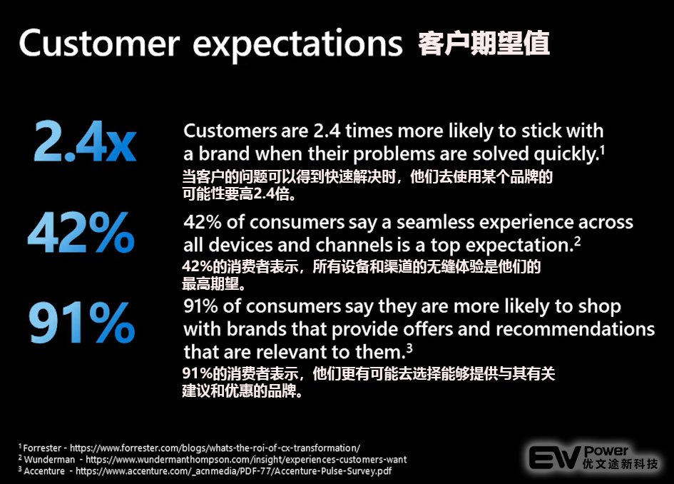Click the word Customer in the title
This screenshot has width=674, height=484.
(x=99, y=43)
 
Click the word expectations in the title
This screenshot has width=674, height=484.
(x=297, y=46)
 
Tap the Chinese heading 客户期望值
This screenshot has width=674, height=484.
(x=484, y=43)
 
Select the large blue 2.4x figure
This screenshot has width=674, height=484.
(x=85, y=141)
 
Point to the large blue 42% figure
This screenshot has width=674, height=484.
(x=81, y=232)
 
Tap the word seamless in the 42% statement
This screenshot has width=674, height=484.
(x=435, y=223)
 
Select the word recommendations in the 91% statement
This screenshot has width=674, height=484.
(x=575, y=329)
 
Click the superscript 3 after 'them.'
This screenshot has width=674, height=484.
(x=409, y=348)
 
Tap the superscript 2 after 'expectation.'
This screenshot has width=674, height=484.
(x=577, y=241)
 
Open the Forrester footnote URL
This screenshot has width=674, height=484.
(x=215, y=448)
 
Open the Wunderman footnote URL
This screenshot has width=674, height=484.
(x=246, y=460)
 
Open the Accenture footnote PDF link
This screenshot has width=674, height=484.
(x=233, y=471)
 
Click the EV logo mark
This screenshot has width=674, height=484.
(x=554, y=458)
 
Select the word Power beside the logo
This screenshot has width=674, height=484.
(x=606, y=451)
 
